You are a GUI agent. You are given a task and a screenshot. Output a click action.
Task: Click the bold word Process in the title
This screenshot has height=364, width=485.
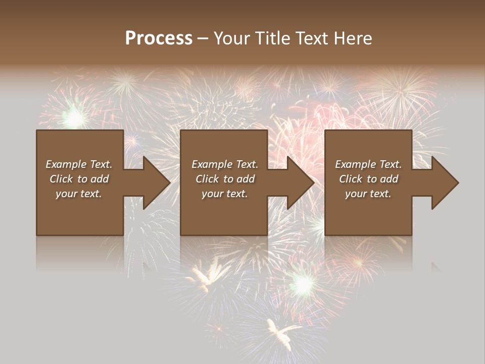pos(159,38)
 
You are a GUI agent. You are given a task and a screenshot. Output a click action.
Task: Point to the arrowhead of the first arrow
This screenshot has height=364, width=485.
pos(157,183)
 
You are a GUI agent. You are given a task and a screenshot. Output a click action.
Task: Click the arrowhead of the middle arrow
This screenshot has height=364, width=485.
pos(301,183)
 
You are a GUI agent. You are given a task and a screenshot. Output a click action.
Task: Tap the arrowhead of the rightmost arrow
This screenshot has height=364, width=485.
pos(445,183)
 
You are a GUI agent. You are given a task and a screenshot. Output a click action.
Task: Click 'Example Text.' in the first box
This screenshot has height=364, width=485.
pos(79,164)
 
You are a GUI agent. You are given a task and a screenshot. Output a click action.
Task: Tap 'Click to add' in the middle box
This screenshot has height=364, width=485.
pos(225,179)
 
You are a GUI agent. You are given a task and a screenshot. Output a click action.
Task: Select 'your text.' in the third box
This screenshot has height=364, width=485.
pos(368,194)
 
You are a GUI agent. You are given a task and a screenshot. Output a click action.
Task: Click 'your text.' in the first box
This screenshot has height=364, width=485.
pos(79,194)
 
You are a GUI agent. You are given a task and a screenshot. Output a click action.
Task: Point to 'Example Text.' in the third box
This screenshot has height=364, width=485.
pos(368,164)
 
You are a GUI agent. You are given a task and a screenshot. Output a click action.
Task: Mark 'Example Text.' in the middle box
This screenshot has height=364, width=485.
pos(225,164)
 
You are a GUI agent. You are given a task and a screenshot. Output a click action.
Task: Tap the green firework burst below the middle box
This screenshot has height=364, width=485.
pos(303,284)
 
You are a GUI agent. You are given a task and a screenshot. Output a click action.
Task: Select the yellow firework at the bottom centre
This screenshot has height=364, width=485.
pos(279,332)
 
